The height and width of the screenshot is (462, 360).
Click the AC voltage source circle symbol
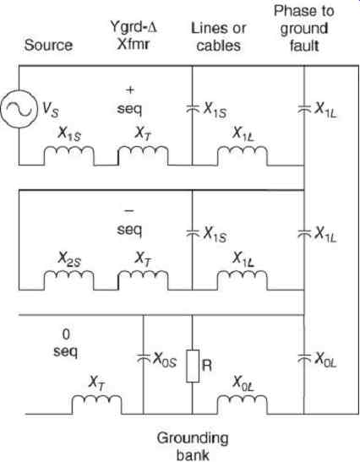pyautogui.click(x=19, y=109)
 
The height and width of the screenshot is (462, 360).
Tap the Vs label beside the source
pyautogui.click(x=51, y=110)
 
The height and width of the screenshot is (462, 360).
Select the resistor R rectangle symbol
pyautogui.click(x=193, y=366)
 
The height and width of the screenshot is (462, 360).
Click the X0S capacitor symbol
pyautogui.click(x=144, y=358)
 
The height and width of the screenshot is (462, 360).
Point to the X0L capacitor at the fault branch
pyautogui.click(x=304, y=358)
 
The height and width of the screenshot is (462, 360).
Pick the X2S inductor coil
pyautogui.click(x=69, y=280)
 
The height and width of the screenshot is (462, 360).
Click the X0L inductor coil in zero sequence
pyautogui.click(x=243, y=405)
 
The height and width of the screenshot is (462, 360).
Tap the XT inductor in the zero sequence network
pyautogui.click(x=96, y=405)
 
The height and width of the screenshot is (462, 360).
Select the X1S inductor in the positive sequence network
pyautogui.click(x=69, y=155)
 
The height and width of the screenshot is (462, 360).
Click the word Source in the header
pyautogui.click(x=48, y=46)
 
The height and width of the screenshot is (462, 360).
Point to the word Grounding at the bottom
pyautogui.click(x=193, y=439)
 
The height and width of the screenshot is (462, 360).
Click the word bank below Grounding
pyautogui.click(x=193, y=454)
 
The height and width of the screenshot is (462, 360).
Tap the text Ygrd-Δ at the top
pyautogui.click(x=134, y=28)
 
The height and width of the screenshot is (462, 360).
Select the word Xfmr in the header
pyautogui.click(x=134, y=45)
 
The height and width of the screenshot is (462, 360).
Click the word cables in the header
pyautogui.click(x=219, y=46)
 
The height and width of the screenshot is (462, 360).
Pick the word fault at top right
pyautogui.click(x=304, y=46)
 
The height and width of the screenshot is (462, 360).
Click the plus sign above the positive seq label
pyautogui.click(x=130, y=90)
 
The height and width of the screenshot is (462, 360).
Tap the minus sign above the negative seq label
pyautogui.click(x=129, y=211)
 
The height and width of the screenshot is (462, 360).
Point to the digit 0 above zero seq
pyautogui.click(x=66, y=334)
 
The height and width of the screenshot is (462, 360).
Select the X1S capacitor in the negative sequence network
pyautogui.click(x=192, y=233)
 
